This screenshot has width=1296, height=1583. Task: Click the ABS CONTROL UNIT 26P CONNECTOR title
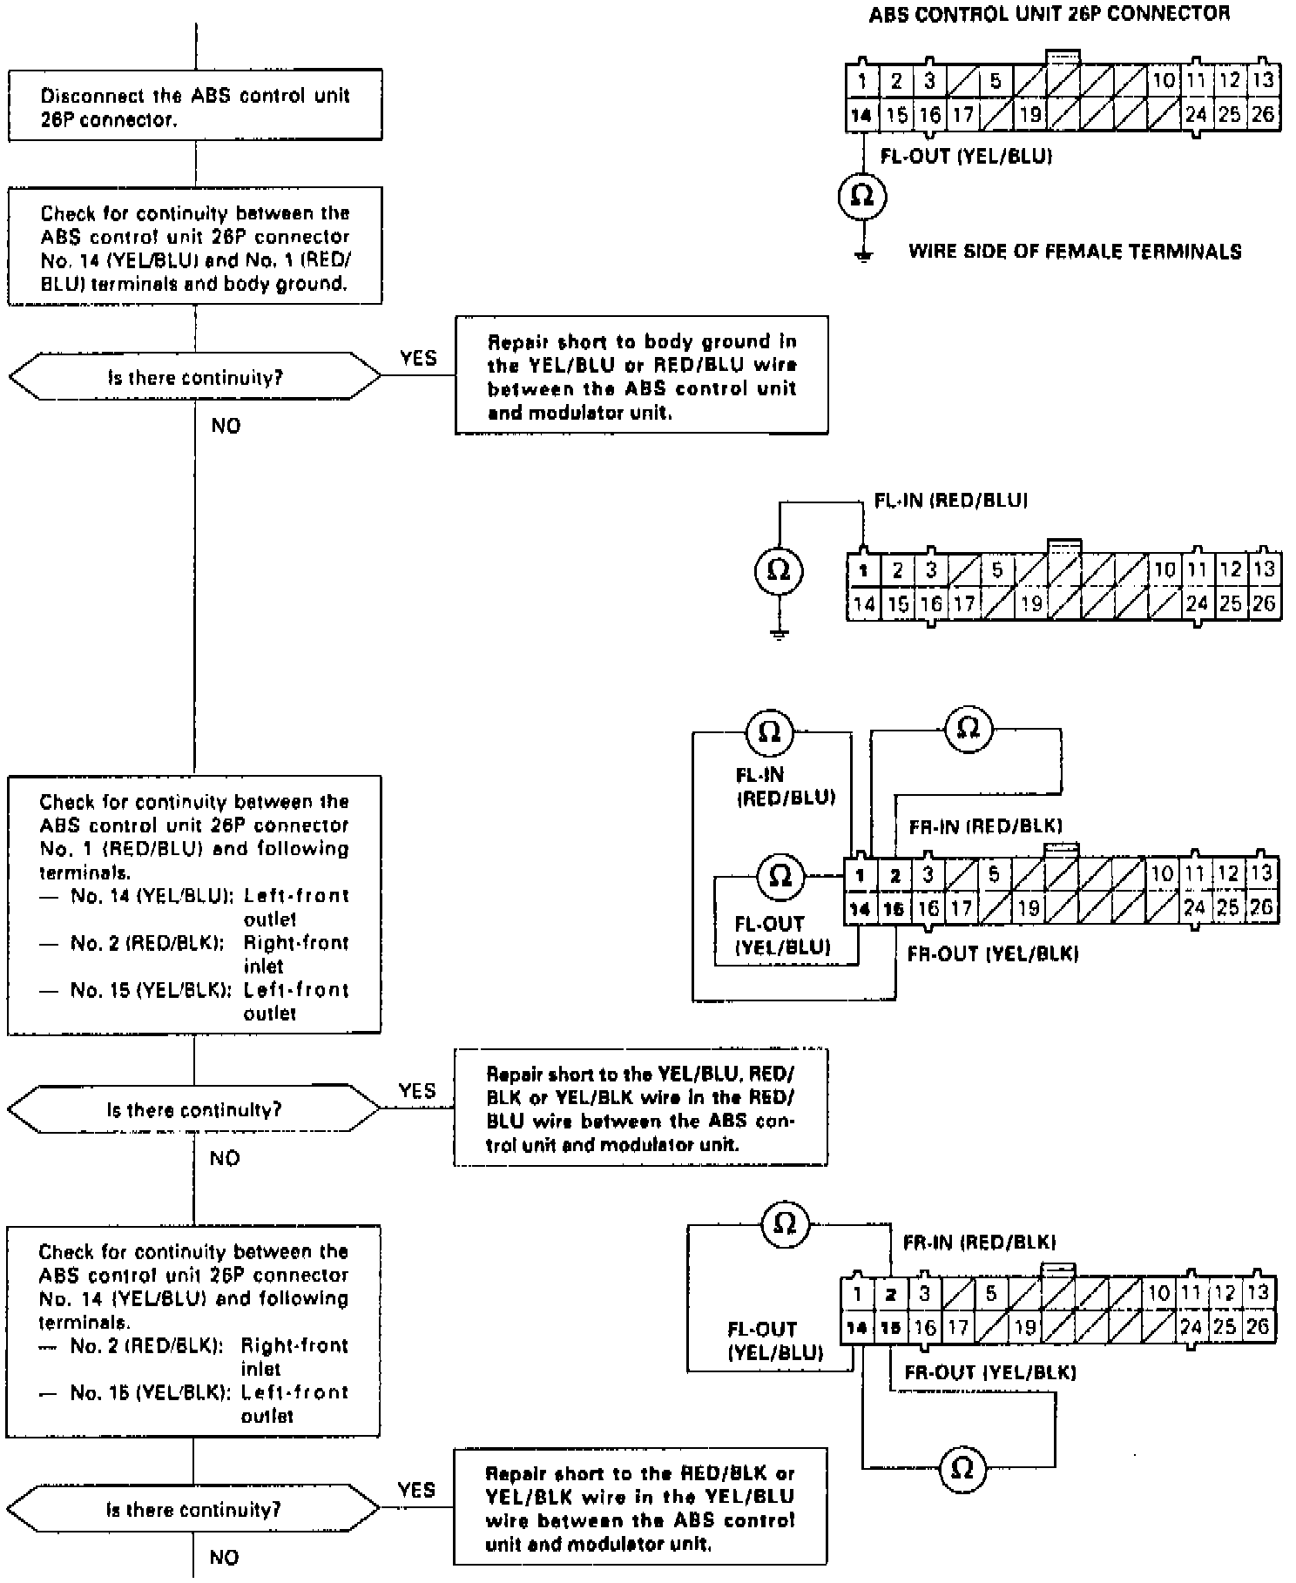(1049, 14)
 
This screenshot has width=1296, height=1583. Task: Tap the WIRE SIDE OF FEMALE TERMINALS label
(1075, 252)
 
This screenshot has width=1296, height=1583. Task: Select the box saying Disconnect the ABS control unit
(195, 106)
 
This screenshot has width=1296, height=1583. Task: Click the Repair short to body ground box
(641, 376)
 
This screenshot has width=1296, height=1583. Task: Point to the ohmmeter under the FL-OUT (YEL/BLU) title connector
(861, 196)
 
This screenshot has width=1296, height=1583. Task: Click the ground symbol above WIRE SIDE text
(863, 255)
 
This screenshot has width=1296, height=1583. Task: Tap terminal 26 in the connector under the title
(1262, 114)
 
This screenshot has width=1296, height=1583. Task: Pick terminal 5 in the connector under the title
(996, 81)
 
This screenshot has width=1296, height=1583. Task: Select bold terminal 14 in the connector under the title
(861, 114)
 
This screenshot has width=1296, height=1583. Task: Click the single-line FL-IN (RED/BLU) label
(950, 501)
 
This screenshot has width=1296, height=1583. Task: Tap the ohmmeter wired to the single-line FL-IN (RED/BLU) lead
(779, 570)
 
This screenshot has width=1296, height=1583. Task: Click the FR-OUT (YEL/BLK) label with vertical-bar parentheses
(993, 954)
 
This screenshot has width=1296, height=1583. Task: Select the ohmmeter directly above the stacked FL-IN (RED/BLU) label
(770, 731)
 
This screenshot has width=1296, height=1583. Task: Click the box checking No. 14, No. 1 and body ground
(195, 247)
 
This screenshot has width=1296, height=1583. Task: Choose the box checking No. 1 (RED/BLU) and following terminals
(194, 906)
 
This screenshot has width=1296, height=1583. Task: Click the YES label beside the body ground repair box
(418, 358)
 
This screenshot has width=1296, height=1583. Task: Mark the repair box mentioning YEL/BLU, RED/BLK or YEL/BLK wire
(640, 1108)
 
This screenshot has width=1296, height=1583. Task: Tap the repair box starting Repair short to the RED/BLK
(639, 1508)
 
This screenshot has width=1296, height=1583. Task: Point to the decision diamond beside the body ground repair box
(195, 377)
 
